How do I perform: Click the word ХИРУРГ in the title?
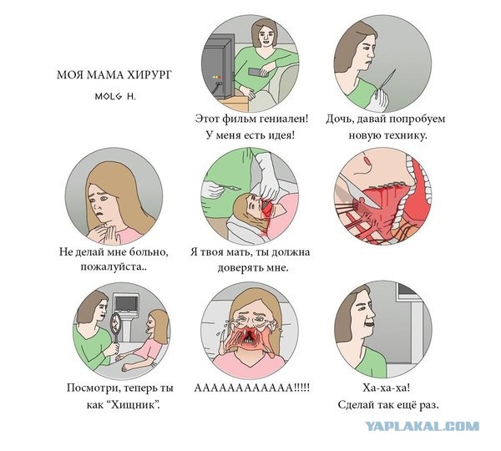149,75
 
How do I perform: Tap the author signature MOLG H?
115,96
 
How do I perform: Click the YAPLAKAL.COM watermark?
422,426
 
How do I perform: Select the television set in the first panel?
218,68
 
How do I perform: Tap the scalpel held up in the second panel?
387,79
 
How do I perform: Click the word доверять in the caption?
240,267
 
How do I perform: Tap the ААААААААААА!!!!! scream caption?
252,388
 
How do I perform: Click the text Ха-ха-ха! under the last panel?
387,388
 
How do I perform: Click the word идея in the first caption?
281,135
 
